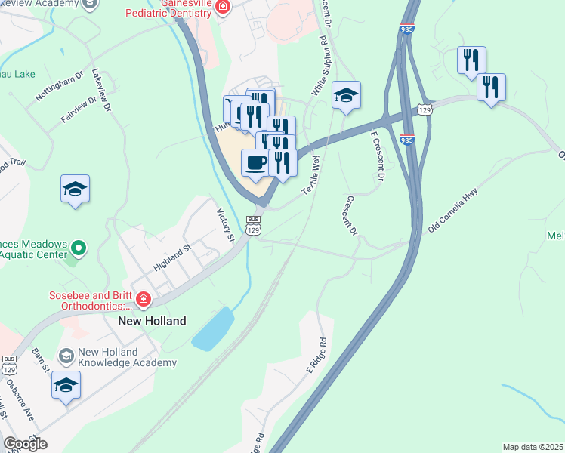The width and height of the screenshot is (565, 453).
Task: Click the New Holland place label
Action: click(152, 321)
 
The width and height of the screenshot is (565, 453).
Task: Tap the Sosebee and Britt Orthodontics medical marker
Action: click(142, 300)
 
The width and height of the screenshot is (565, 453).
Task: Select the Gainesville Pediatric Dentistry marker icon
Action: click(222, 8)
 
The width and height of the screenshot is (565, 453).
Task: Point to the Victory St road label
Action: click(226, 225)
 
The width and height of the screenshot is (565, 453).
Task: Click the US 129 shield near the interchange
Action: click(425, 110)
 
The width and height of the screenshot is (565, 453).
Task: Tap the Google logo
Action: click(26, 445)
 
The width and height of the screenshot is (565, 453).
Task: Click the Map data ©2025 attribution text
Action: click(533, 447)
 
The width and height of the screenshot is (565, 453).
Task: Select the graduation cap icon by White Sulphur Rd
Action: click(346, 95)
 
